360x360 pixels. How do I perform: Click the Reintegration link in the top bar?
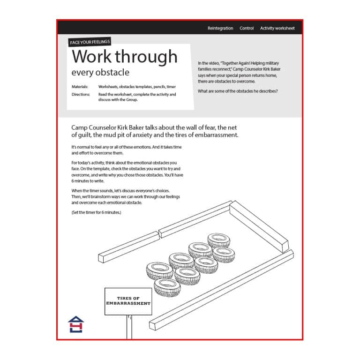(220, 28)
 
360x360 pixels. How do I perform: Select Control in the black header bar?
(247, 28)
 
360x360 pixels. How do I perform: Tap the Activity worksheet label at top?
(277, 28)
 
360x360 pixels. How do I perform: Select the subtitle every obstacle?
(100, 73)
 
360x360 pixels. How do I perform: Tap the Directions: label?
(81, 94)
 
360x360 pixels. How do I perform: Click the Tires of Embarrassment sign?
(128, 301)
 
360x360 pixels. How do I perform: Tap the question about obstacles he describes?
(238, 91)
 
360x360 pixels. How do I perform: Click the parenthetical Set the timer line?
(96, 212)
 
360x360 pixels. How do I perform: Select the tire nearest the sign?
(167, 286)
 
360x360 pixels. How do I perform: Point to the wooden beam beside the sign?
(220, 290)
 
